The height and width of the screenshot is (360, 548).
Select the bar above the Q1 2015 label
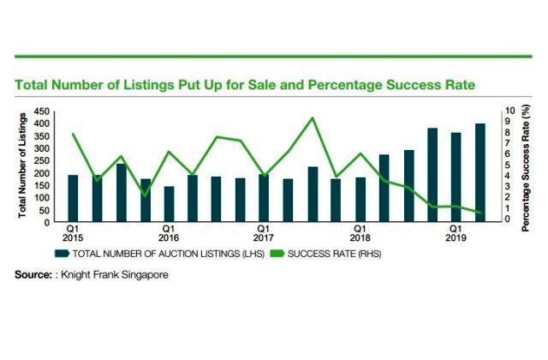pos(73,198)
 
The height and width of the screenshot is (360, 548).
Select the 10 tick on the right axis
pos(511,111)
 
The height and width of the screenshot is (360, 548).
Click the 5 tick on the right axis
pos(511,165)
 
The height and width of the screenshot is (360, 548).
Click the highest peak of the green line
pos(313,118)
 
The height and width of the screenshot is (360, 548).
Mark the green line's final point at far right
pos(480,213)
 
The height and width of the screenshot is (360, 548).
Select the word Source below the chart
pos(32,276)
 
